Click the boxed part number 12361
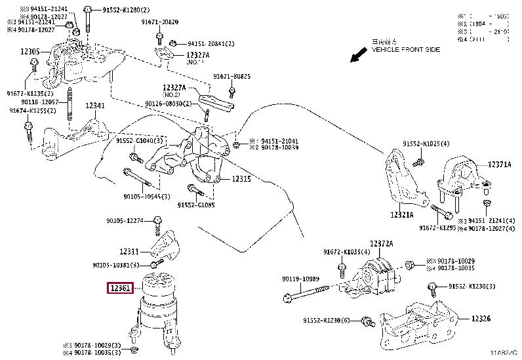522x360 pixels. pyautogui.click(x=121, y=288)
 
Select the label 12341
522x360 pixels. pyautogui.click(x=94, y=105)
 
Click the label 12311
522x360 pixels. pyautogui.click(x=129, y=251)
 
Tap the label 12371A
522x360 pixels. pyautogui.click(x=499, y=165)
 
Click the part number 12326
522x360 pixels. pyautogui.click(x=481, y=319)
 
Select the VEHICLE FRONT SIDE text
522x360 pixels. pyautogui.click(x=406, y=49)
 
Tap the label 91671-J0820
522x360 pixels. pyautogui.click(x=159, y=22)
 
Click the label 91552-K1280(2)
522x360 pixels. pyautogui.click(x=127, y=11)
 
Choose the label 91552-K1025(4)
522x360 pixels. pyautogui.click(x=426, y=143)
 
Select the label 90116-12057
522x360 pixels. pyautogui.click(x=41, y=102)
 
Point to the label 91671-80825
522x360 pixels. pyautogui.click(x=231, y=77)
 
